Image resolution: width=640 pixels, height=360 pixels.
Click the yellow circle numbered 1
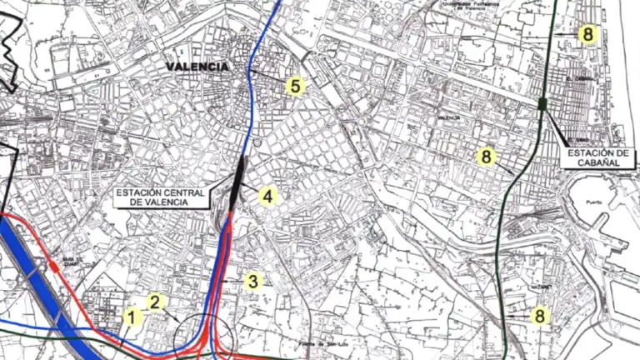(132, 317)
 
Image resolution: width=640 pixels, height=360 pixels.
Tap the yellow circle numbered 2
(155, 302)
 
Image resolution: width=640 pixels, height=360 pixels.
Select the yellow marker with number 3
(254, 281)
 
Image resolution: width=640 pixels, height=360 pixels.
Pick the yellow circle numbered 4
(267, 197)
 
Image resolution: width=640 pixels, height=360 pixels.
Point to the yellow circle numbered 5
(294, 85)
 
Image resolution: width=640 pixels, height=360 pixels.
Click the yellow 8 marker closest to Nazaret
(540, 316)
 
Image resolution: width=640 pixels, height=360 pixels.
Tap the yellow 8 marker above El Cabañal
(588, 34)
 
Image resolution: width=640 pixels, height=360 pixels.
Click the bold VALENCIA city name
(197, 67)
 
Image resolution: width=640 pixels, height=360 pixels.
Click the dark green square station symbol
(542, 103)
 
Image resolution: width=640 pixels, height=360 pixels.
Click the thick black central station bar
(240, 177)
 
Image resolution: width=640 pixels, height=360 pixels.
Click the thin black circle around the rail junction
(194, 337)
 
